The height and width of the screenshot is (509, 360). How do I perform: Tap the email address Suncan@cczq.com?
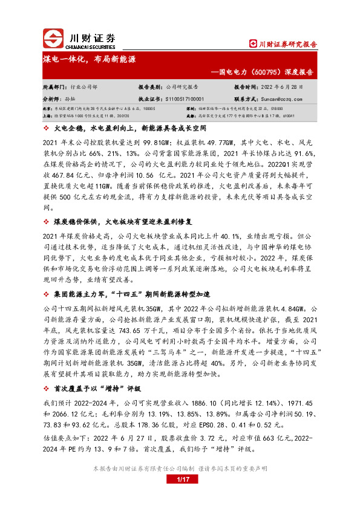coord(284,98)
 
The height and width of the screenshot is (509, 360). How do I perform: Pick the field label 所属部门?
coord(53,86)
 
